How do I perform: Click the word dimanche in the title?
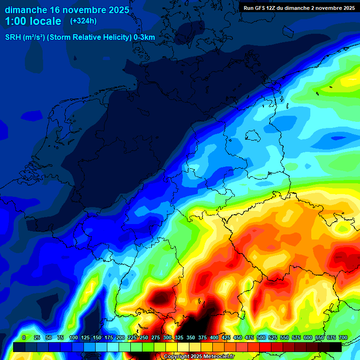pos(26,10)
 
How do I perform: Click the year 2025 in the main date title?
pos(114,10)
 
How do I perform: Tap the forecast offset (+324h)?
pos(83,21)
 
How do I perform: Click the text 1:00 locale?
pos(33,21)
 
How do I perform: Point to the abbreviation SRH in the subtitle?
pos(13,37)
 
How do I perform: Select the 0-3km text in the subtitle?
pos(144,37)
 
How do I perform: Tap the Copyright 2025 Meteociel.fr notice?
pos(199,357)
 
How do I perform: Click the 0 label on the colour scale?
pos(24,337)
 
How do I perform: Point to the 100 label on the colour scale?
pos(73,337)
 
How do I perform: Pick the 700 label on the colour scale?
pos(343,337)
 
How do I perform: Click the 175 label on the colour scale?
pos(109,337)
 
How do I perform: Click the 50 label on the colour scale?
pos(49,337)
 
